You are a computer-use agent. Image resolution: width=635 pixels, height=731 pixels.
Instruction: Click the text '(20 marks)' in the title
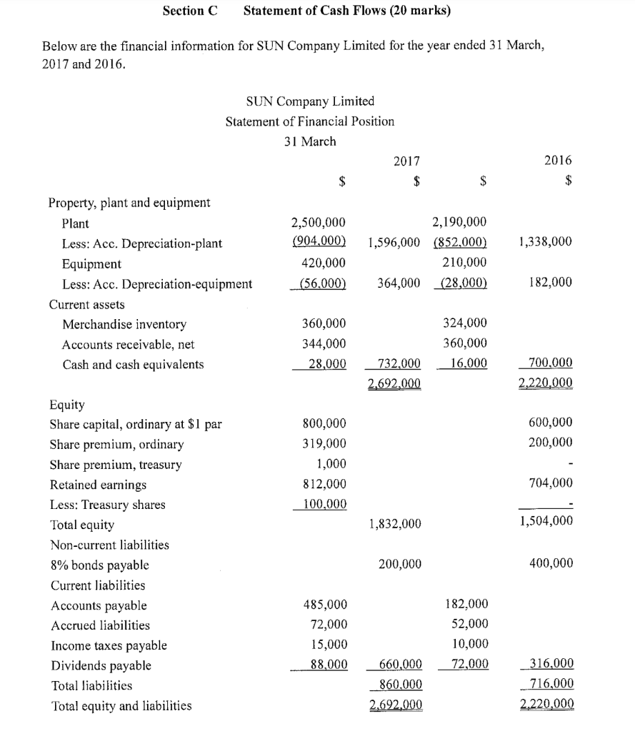[x=421, y=11]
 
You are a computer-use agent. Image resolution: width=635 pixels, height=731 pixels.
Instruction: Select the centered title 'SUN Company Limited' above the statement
[x=309, y=101]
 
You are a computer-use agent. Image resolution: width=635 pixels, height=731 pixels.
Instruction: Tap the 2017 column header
[x=406, y=161]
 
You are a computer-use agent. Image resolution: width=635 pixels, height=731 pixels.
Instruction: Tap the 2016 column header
[x=559, y=161]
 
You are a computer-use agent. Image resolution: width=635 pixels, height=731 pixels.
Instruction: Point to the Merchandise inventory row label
[x=124, y=324]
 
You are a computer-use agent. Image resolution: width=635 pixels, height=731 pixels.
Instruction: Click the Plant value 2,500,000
[x=319, y=223]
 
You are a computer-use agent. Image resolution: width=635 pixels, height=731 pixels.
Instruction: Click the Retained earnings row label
[x=98, y=485]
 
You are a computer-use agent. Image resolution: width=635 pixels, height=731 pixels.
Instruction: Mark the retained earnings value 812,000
[x=326, y=485]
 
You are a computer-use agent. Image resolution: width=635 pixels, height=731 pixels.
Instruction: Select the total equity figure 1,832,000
[x=395, y=525]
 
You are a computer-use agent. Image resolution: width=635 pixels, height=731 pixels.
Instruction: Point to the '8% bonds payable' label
[x=99, y=565]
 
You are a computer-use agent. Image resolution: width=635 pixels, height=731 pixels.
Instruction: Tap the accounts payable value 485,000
[x=326, y=605]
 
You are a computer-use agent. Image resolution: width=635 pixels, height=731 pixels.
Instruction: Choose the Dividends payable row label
[x=101, y=665]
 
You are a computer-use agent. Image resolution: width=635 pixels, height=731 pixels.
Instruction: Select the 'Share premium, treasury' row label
[x=116, y=465]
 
